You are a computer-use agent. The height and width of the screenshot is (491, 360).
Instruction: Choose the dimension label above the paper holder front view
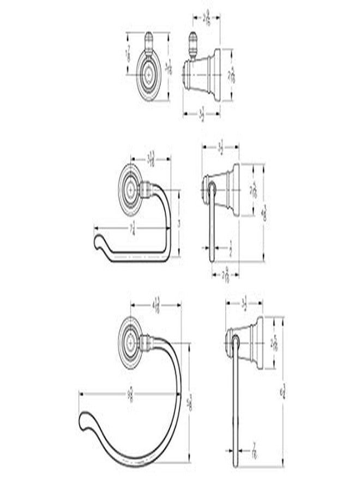click(153, 158)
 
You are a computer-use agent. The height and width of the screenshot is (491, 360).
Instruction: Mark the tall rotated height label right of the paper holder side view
click(265, 212)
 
